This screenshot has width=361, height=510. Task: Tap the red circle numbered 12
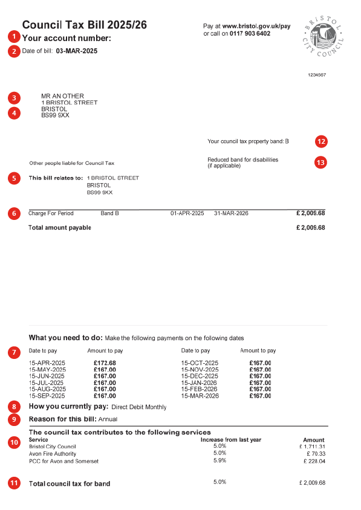click(321, 141)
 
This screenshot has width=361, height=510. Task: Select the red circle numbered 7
click(13, 352)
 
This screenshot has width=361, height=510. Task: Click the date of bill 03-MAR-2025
click(76, 51)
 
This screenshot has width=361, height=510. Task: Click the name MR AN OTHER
click(62, 96)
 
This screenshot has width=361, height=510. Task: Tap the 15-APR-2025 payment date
click(47, 363)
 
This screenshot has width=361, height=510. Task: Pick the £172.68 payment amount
click(105, 363)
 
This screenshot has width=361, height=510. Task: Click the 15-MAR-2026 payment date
click(200, 396)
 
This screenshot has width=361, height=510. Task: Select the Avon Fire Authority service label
click(53, 454)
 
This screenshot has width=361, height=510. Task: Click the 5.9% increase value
click(220, 461)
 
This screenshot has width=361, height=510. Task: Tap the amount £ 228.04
click(314, 461)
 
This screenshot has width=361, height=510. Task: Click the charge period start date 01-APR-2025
click(187, 213)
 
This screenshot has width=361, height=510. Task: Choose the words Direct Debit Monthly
click(138, 407)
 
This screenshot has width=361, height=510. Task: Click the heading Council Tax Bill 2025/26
click(84, 25)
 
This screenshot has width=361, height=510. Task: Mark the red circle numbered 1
click(13, 37)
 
